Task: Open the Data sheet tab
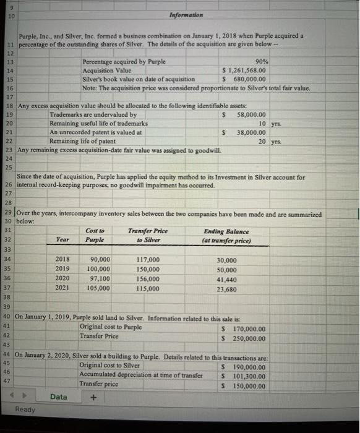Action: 59,397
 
